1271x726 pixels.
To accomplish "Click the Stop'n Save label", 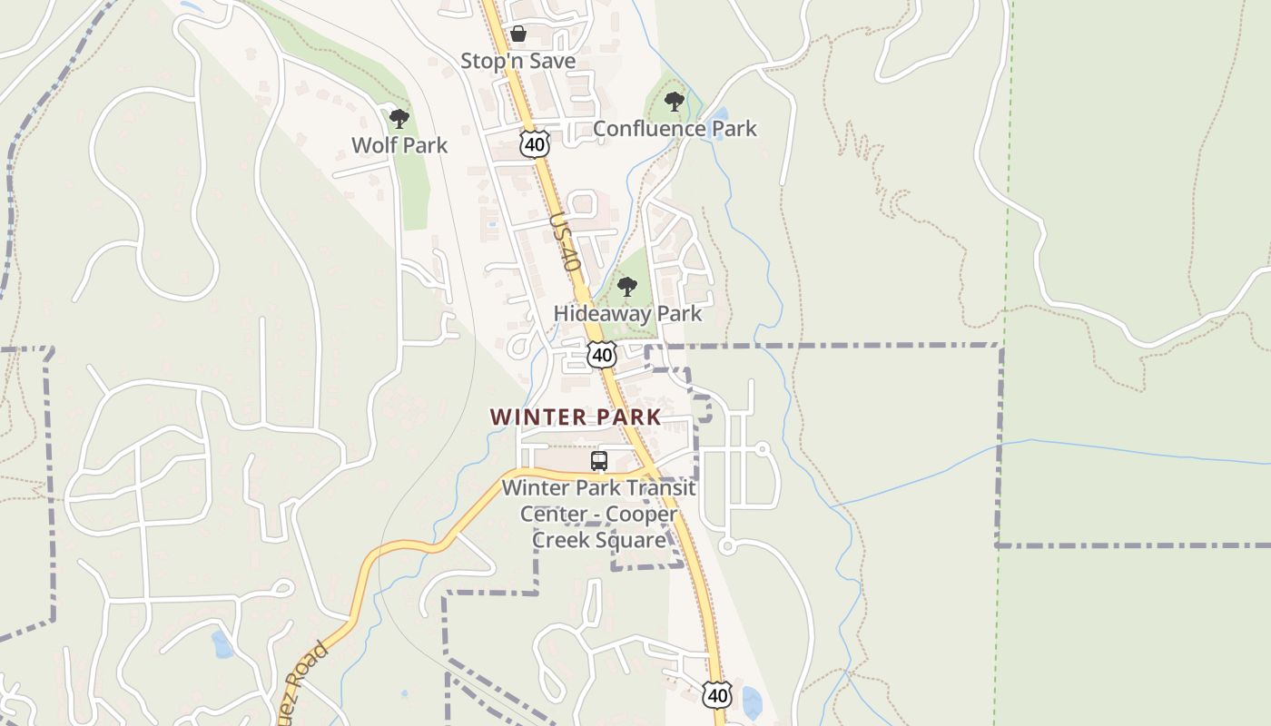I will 517,61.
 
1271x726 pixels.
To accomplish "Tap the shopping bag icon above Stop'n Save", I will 517,34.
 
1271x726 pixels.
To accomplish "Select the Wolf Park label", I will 399,145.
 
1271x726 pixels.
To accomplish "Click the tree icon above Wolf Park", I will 399,118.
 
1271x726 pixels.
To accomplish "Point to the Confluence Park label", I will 675,129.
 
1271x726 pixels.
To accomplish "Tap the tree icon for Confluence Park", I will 674,101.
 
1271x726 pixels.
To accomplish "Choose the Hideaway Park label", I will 628,314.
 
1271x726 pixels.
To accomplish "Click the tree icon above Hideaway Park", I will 626,288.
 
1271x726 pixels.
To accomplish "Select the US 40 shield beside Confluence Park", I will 535,143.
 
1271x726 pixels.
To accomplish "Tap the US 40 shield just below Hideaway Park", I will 601,354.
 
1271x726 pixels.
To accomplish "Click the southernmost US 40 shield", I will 717,695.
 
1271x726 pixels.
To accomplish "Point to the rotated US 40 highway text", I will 564,244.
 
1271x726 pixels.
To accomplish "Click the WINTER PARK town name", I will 576,417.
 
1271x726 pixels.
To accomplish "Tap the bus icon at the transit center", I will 599,461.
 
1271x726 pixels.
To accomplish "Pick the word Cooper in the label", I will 642,514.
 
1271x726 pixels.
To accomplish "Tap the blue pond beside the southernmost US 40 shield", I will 752,702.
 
